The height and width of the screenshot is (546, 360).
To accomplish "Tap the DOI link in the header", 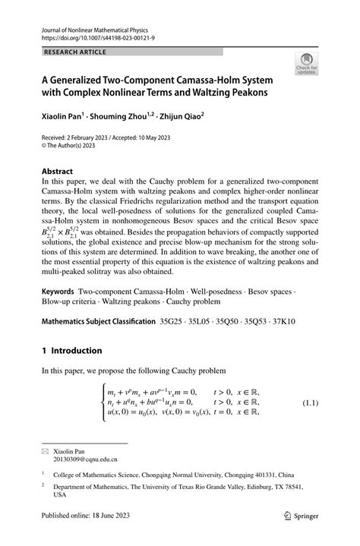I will point(94,37).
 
